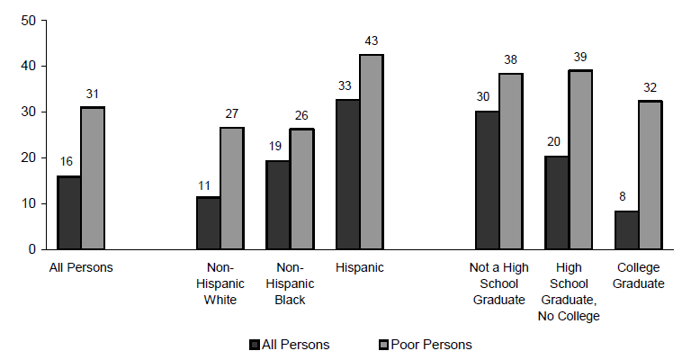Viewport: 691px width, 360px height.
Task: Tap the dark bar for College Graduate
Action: tap(626, 229)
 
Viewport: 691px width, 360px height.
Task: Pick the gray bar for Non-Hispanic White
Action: tap(232, 188)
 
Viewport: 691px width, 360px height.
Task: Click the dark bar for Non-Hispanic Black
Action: tap(278, 204)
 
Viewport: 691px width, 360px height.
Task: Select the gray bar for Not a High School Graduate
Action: tap(510, 161)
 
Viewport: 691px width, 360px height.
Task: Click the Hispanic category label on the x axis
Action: tap(359, 267)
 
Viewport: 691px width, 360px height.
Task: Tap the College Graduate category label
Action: tap(639, 275)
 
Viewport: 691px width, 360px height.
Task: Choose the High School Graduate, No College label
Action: tap(570, 292)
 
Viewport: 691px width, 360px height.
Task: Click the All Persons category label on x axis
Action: tap(81, 267)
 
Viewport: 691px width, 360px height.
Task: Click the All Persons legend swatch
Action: tap(255, 345)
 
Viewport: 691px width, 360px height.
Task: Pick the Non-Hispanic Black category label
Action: tap(289, 283)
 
